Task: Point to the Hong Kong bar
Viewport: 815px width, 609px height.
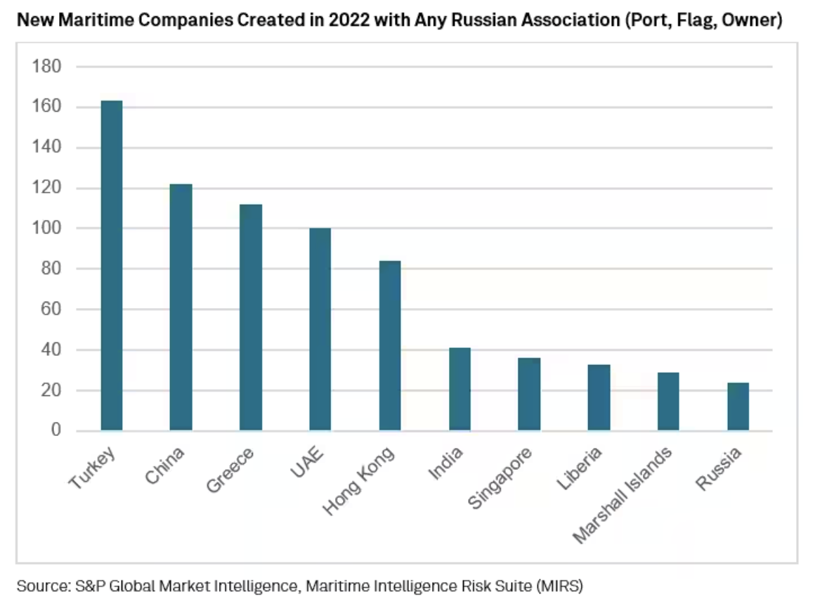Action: coord(390,345)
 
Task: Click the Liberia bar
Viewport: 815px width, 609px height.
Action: coord(599,397)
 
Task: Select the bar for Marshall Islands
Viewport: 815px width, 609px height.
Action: coord(668,402)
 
